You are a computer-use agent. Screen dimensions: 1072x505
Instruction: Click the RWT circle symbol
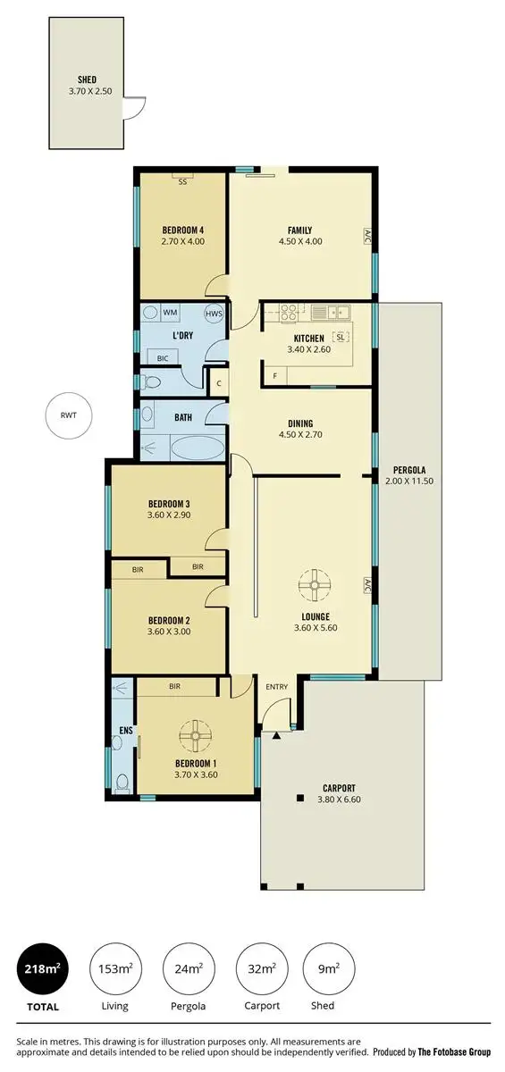(x=69, y=415)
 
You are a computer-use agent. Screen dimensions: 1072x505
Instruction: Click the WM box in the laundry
(x=170, y=313)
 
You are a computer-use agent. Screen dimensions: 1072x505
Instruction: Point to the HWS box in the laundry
(x=214, y=314)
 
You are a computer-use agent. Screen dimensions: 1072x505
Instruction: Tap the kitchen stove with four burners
(x=289, y=313)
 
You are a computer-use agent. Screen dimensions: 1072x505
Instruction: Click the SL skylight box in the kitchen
(x=340, y=337)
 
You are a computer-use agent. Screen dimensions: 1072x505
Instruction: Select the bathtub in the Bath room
(x=198, y=447)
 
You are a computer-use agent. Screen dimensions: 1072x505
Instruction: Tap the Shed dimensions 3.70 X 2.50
(x=88, y=91)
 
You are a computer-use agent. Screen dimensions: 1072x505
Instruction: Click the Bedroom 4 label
(x=183, y=229)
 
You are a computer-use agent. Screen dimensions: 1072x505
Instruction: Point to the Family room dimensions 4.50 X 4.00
(x=299, y=241)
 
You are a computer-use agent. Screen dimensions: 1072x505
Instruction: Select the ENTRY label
(x=277, y=686)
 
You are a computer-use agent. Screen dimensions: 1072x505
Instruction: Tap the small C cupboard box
(x=219, y=382)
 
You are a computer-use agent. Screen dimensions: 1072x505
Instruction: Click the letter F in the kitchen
(x=274, y=376)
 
